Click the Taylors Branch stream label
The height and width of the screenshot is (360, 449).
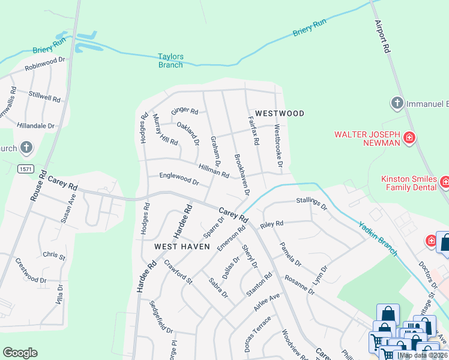pos(170,61)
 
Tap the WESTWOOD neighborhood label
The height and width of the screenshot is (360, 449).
pos(279,113)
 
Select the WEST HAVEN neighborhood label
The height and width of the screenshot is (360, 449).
pos(182,247)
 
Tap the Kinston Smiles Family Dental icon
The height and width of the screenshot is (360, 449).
pos(445,181)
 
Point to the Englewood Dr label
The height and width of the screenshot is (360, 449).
pos(178,178)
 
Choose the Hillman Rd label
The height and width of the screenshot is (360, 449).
pos(214,170)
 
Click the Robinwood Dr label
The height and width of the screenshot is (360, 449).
pos(44,64)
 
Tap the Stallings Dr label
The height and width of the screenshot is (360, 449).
pos(312,203)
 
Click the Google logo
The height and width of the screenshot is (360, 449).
pos(20,353)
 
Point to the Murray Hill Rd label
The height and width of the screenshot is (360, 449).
pos(165,130)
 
